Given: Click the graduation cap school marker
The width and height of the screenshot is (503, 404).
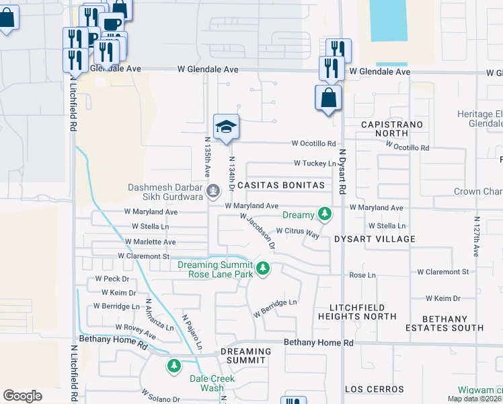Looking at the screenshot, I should point(227,126).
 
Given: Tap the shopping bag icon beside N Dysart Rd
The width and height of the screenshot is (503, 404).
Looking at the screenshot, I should point(327,98).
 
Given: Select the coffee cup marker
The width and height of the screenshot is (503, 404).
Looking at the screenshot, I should point(112,24).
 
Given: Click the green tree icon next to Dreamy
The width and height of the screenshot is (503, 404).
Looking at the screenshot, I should point(325,214).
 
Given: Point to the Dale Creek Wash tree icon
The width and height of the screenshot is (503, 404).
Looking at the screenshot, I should point(174,366).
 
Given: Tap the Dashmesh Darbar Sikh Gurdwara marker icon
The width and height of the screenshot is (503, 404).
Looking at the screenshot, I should point(213,191).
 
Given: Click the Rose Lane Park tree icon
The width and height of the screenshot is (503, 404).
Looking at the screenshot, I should point(263,269).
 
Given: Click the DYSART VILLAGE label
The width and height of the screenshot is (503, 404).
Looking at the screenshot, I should point(375,239).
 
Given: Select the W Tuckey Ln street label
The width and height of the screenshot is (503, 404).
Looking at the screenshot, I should point(315,164).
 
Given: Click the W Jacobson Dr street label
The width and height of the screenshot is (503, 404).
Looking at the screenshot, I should point(258,231).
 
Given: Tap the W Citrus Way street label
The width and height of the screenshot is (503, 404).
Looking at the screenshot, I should point(297,233).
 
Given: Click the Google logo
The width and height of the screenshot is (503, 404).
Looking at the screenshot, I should point(22,396).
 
